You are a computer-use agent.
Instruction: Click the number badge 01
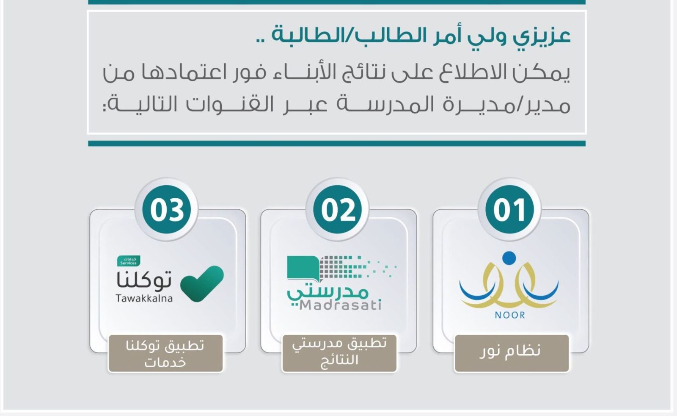pos(509,209)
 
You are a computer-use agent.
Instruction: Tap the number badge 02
pos(338,209)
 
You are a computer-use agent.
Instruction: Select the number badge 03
pos(167,209)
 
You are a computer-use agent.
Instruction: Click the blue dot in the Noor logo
pos(509,258)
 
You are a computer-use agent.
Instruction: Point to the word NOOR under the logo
pos(510,315)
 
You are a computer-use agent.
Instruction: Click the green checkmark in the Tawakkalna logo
pos(202,283)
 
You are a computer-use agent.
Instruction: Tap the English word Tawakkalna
pos(144,298)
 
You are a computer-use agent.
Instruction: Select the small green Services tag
pos(129,261)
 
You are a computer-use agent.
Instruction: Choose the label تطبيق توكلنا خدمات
pos(165,353)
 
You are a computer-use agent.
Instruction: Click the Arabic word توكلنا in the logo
pos(144,280)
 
